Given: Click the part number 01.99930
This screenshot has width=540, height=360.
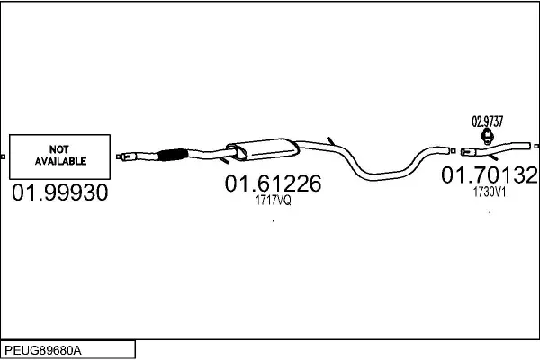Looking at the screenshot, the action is (x=60, y=193).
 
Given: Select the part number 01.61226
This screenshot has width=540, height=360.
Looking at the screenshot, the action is (x=273, y=184).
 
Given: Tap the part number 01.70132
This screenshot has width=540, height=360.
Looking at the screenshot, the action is (x=490, y=175).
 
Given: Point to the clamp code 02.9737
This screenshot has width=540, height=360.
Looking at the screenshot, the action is (x=487, y=121).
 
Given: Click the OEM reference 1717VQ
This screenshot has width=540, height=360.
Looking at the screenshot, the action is (x=273, y=200).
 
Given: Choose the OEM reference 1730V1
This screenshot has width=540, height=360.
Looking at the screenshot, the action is (x=490, y=193).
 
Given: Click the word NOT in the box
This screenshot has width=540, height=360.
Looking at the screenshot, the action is (x=58, y=149).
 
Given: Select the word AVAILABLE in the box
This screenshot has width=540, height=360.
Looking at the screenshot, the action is (x=60, y=161).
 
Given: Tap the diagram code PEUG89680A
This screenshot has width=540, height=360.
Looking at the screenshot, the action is (x=43, y=351).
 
